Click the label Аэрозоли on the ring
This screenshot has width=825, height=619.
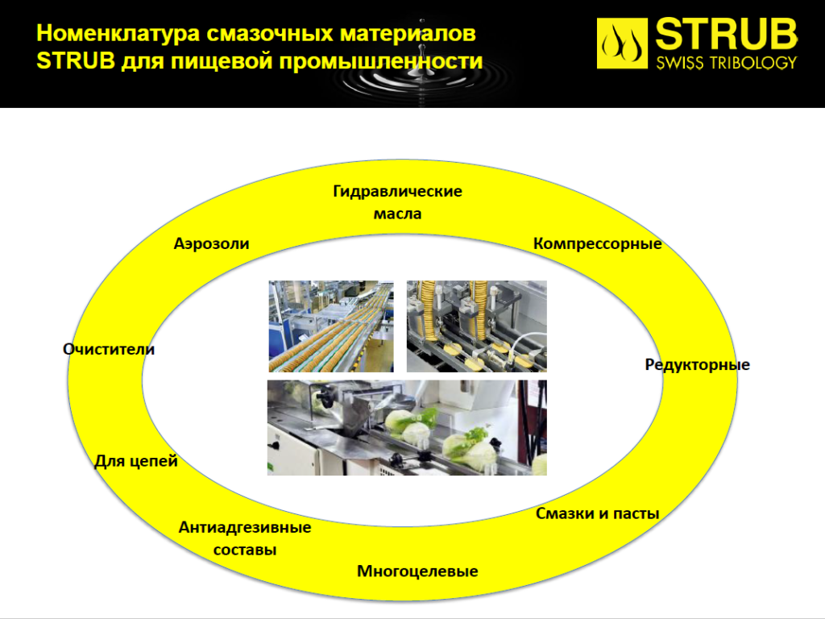212,244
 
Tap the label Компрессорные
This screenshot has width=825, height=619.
598,244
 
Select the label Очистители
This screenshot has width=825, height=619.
109,350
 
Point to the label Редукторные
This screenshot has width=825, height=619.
698,365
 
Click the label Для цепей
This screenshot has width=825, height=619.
136,462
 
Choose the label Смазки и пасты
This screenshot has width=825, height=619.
598,513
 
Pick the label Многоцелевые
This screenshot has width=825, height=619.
418,571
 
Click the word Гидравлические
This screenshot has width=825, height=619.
398,192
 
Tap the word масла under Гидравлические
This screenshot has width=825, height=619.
398,214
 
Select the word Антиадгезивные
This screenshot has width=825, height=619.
245,528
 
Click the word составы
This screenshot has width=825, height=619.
245,550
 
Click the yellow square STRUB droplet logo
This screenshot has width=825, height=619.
622,44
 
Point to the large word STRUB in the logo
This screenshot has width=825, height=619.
727,35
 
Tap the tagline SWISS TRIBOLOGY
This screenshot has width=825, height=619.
727,63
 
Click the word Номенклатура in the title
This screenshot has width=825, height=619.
118,34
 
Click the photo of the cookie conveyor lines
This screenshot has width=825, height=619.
331,326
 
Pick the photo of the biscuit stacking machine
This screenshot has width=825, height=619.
477,326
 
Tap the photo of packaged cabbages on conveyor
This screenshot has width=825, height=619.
407,428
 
